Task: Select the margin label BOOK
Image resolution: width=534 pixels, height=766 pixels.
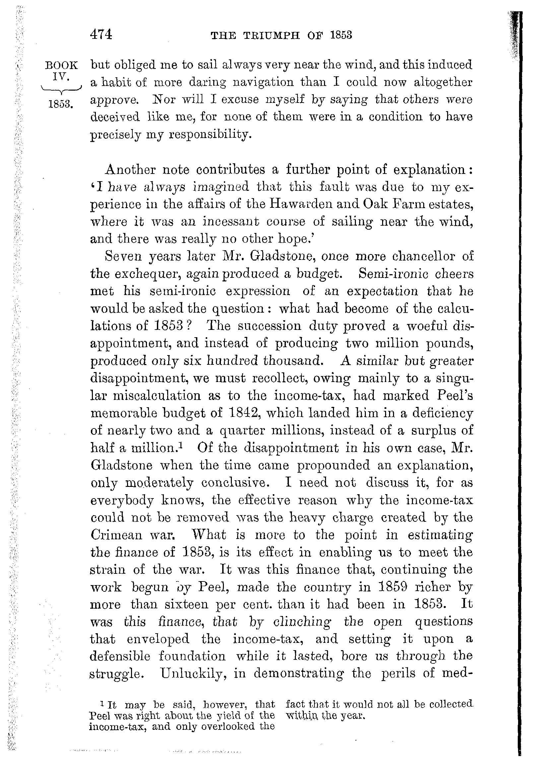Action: (61, 65)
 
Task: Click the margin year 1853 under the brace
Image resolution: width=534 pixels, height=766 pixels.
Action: (60, 104)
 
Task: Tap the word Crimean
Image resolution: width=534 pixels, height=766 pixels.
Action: (116, 535)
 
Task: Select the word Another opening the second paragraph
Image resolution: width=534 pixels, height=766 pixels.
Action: (130, 170)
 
